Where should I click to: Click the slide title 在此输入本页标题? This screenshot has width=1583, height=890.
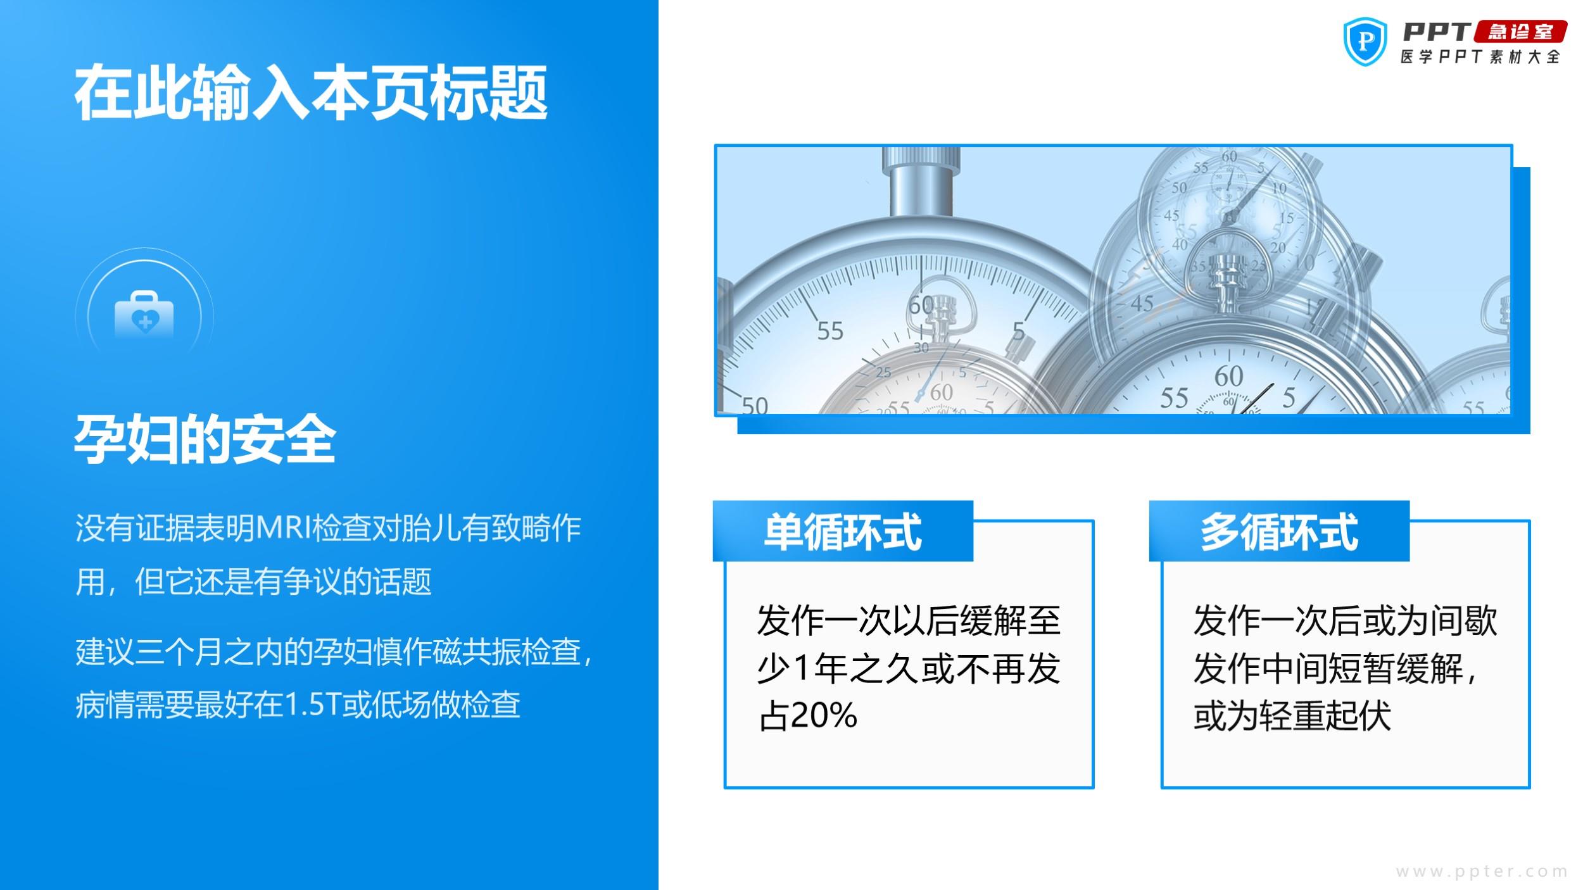pyautogui.click(x=311, y=93)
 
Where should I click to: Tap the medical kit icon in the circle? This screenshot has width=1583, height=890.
pyautogui.click(x=144, y=315)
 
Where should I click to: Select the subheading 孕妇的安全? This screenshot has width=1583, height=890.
pyautogui.click(x=205, y=440)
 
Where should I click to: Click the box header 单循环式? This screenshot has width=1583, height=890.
pyautogui.click(x=843, y=532)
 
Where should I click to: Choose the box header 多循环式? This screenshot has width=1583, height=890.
pyautogui.click(x=1279, y=532)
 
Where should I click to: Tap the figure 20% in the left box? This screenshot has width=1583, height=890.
pyautogui.click(x=824, y=716)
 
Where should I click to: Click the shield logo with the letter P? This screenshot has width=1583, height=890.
pyautogui.click(x=1365, y=42)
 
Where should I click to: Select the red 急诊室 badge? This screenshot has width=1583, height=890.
pyautogui.click(x=1522, y=32)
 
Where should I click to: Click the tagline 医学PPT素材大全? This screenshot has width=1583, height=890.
pyautogui.click(x=1480, y=57)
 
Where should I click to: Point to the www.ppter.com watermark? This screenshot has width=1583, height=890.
pyautogui.click(x=1482, y=872)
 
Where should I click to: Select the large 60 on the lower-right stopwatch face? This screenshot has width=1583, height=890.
pyautogui.click(x=1228, y=376)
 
